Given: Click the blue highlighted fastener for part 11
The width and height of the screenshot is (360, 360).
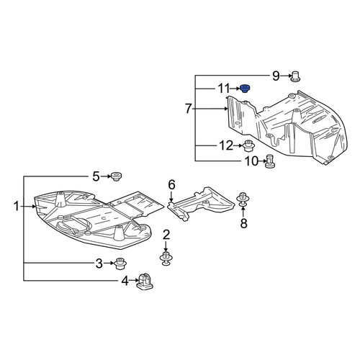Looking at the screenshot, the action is (245, 89).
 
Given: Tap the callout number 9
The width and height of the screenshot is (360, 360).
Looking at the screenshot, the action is (276, 76).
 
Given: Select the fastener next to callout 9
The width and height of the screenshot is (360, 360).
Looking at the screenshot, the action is (295, 76).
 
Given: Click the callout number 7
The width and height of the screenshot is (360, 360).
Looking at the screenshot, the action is (189, 109).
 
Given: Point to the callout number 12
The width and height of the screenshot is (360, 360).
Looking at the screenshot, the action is (226, 145).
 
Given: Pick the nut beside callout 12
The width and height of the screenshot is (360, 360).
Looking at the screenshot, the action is (249, 146).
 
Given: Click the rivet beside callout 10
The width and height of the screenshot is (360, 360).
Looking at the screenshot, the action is (270, 161).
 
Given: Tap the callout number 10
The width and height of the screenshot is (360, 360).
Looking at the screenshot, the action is (251, 161).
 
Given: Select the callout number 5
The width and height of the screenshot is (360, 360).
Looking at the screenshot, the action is (96, 177).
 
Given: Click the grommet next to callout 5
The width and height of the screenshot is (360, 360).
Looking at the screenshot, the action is (117, 176).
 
